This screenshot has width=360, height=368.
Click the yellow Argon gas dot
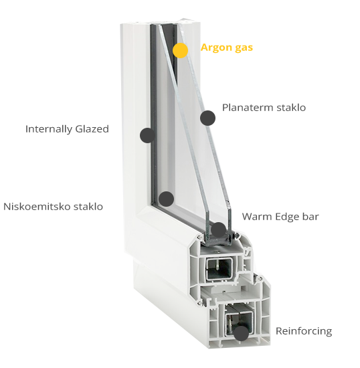point(180,50)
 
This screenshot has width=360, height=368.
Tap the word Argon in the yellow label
point(215,48)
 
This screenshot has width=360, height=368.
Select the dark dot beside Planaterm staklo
point(207,118)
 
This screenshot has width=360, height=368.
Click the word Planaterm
point(248,108)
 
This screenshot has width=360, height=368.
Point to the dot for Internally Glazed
point(147,135)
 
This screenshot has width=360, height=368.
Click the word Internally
point(49,129)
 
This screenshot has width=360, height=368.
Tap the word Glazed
point(92,129)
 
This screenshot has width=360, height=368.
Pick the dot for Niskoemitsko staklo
point(166,199)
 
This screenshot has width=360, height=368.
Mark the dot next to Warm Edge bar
point(219,229)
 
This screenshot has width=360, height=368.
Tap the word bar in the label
point(310,216)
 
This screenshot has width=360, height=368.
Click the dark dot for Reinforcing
point(242,333)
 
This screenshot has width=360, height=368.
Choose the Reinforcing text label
point(304,331)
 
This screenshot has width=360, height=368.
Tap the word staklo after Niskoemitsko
point(88,207)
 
